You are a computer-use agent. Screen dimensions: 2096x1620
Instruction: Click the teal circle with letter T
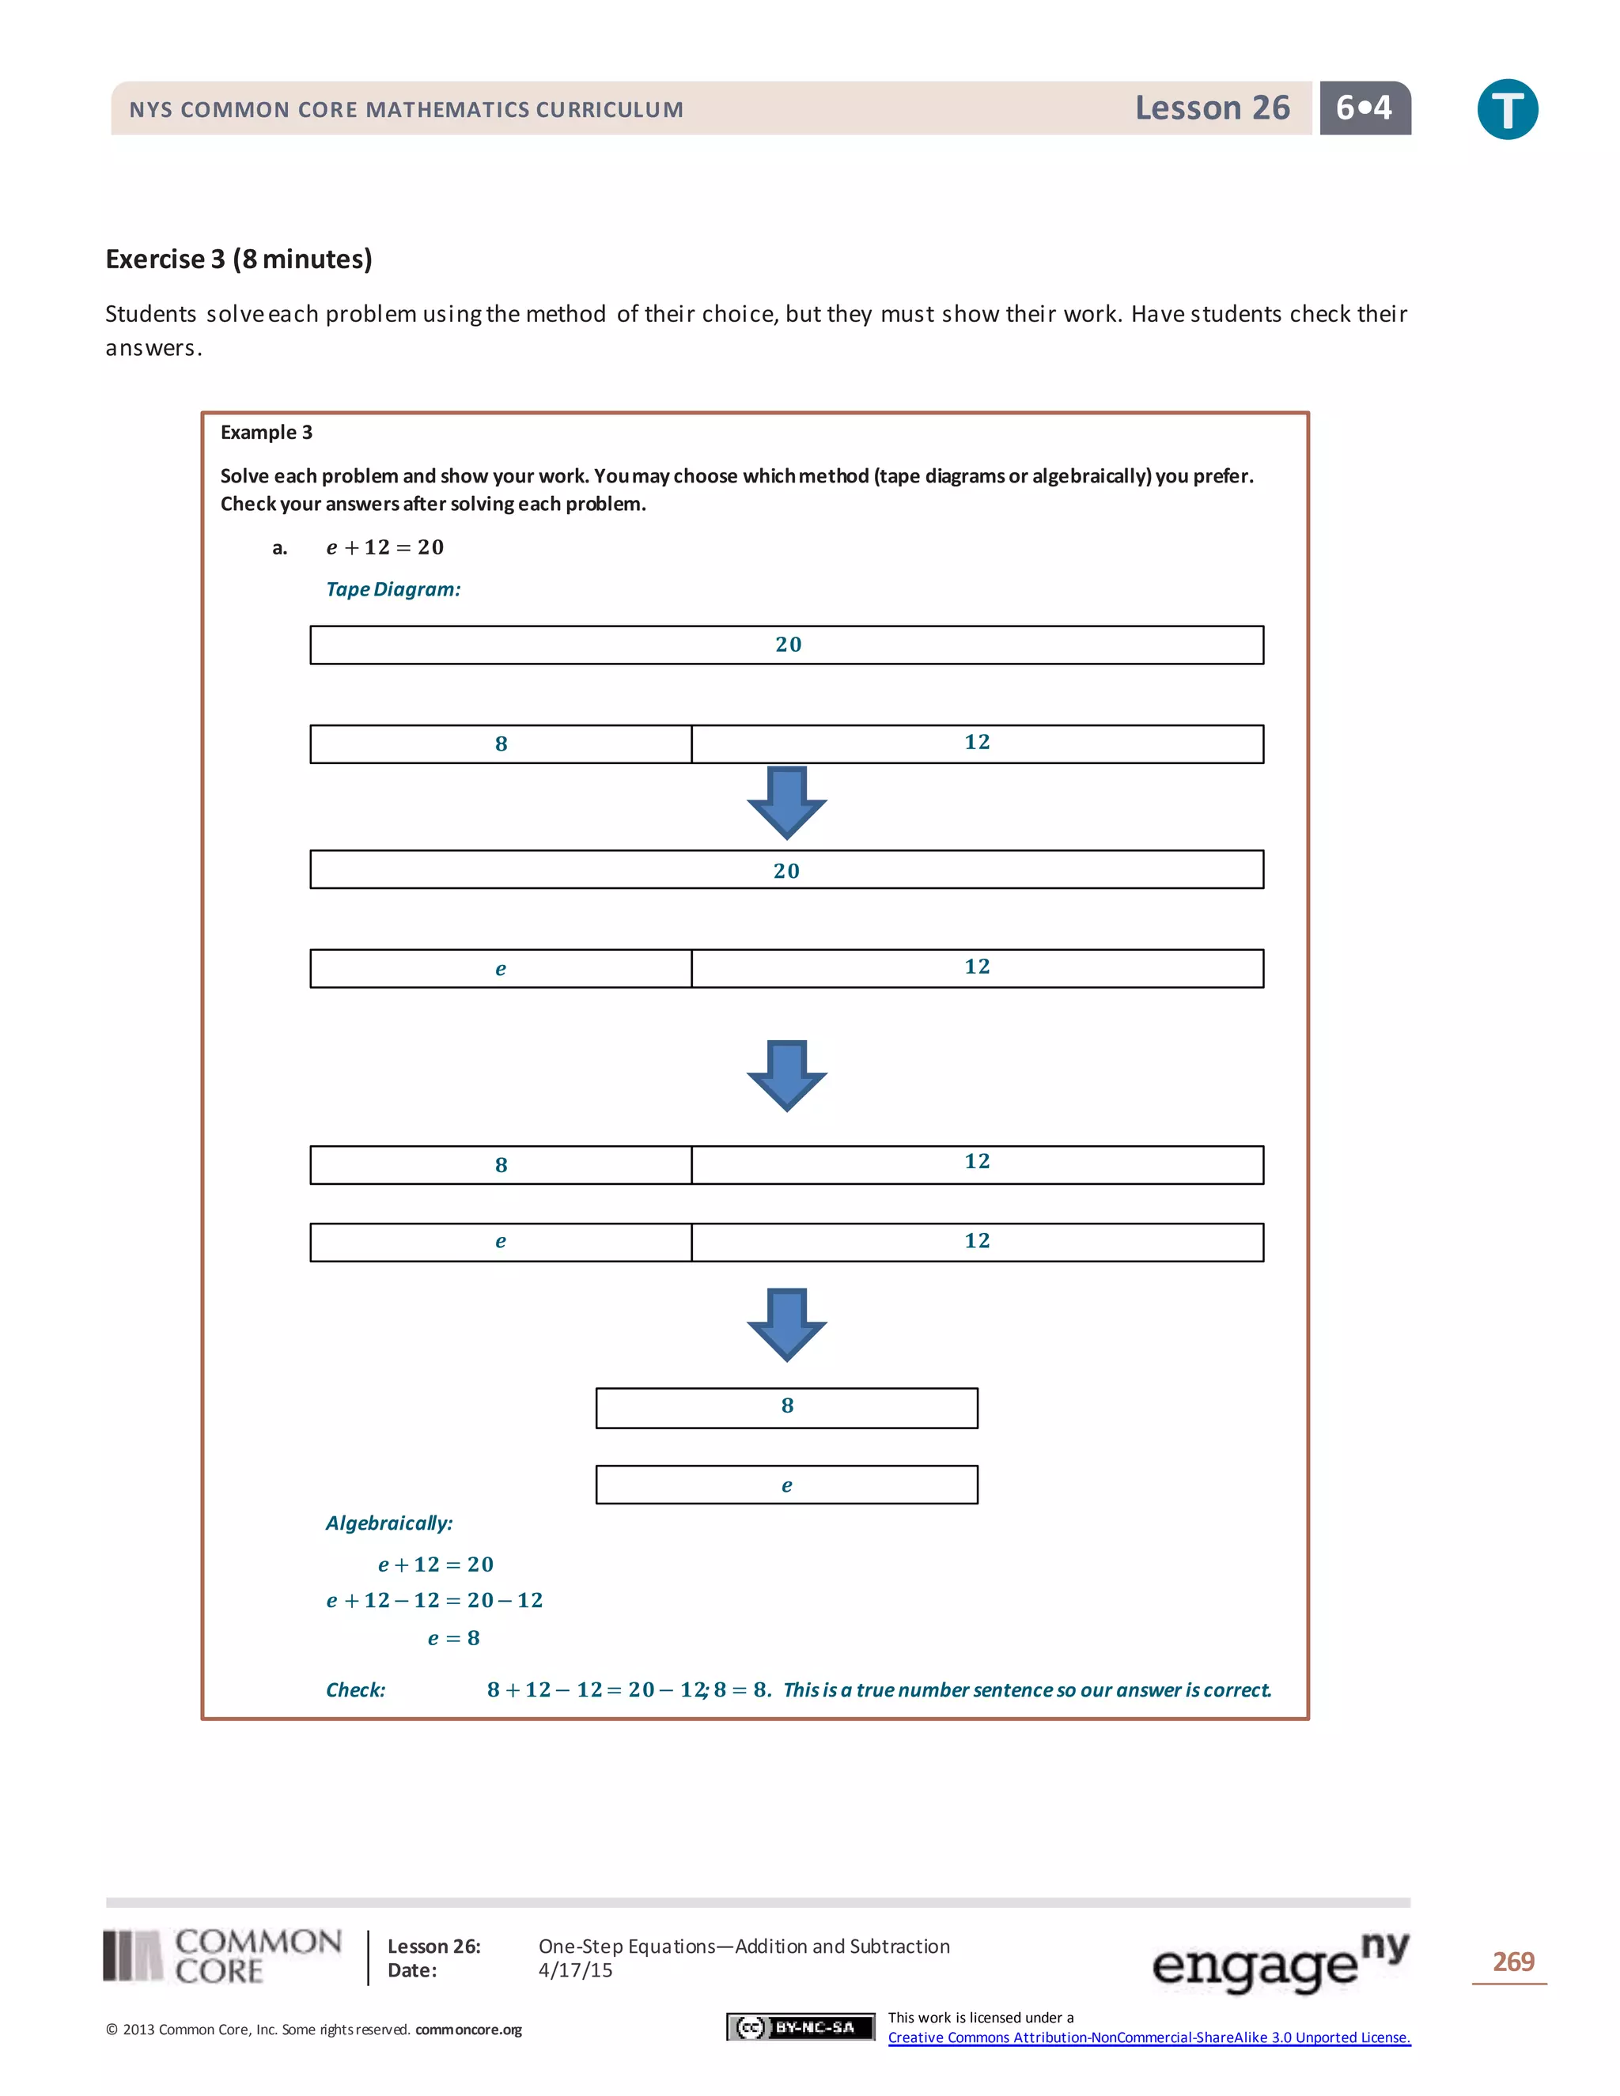click(1507, 109)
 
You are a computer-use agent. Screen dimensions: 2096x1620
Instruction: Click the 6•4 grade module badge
click(1364, 108)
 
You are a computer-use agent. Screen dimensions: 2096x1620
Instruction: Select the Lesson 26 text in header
click(1212, 108)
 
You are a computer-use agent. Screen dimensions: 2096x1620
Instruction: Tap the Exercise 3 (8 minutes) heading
click(239, 259)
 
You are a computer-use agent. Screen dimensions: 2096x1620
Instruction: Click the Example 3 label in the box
click(267, 432)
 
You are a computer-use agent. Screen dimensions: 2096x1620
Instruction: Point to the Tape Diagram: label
click(392, 589)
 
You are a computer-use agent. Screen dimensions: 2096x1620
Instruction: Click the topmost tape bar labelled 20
click(787, 645)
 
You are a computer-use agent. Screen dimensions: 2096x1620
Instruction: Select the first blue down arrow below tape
click(787, 802)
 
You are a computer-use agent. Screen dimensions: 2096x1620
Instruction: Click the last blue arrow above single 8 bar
click(787, 1324)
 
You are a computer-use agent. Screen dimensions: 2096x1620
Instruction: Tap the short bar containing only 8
click(787, 1407)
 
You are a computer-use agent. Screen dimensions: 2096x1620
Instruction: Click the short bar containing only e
click(787, 1485)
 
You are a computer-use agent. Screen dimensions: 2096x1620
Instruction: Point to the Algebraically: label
click(388, 1523)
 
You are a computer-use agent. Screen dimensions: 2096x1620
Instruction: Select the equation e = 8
click(453, 1638)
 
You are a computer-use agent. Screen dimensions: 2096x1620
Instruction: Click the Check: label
click(355, 1690)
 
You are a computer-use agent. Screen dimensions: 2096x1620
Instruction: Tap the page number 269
click(1512, 1962)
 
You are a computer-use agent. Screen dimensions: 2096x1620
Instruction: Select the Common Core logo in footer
click(222, 1956)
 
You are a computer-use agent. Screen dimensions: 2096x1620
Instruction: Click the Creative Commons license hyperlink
click(1149, 2037)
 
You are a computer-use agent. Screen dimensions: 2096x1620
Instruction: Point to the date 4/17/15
click(575, 1970)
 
